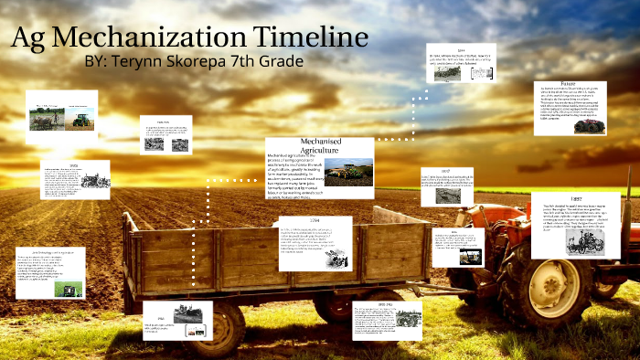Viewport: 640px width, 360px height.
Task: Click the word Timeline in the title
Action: click(x=312, y=37)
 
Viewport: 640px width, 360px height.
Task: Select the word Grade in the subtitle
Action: click(x=279, y=62)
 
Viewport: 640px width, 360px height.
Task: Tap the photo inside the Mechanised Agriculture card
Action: click(x=347, y=172)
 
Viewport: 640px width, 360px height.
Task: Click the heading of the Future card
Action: click(x=574, y=84)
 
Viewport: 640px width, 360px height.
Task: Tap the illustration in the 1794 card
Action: click(x=337, y=256)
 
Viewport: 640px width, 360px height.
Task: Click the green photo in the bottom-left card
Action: click(x=67, y=288)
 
